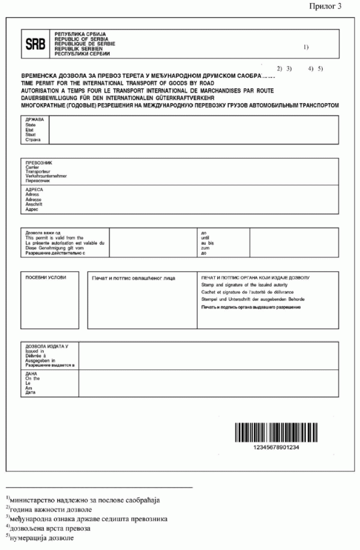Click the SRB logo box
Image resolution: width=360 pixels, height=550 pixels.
pos(35,44)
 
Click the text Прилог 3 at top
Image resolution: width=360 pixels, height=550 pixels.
pos(328,7)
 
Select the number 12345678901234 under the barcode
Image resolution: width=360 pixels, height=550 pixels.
pos(273,448)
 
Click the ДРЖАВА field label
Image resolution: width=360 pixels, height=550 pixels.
pos(34,119)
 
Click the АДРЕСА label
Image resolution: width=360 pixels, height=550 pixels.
pos(35,190)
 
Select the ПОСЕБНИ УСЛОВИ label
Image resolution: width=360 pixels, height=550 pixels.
pos(42,278)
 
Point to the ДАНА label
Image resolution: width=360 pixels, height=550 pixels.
pos(31,374)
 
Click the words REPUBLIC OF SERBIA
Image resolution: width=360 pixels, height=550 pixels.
pos(77,39)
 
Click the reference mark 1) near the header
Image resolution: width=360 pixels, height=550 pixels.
pos(306,47)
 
